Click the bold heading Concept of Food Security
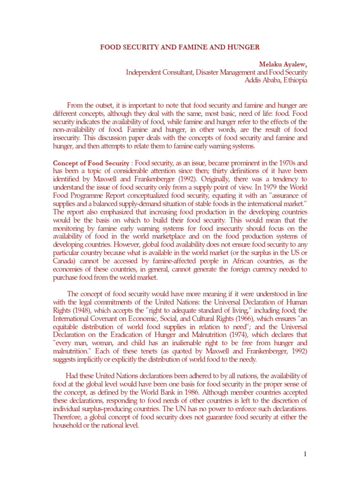(91, 163)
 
